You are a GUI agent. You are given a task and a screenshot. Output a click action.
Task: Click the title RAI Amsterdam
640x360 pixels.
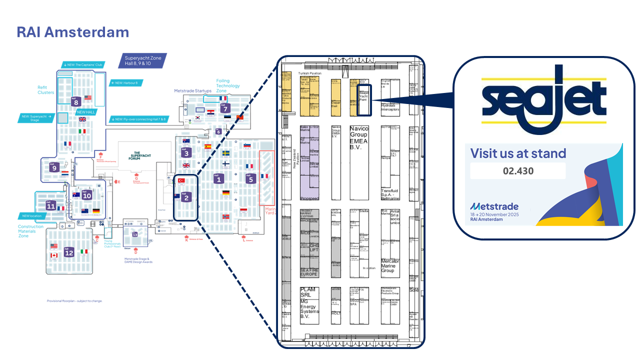[73, 32]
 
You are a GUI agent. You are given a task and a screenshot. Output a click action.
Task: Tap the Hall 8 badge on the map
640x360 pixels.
[76, 101]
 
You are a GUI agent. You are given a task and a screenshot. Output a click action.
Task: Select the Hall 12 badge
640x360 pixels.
[69, 252]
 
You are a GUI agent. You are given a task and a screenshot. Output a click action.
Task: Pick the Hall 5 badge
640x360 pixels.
[250, 178]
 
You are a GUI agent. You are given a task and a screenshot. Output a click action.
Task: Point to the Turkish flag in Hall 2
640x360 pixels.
[182, 180]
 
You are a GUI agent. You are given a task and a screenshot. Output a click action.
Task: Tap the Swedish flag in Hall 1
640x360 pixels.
[225, 153]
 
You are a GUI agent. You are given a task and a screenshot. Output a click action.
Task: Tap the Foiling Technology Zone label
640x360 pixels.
[228, 85]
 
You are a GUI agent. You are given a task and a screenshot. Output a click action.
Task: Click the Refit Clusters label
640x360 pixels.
[45, 89]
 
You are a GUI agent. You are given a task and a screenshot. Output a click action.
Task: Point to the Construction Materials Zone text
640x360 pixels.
[30, 231]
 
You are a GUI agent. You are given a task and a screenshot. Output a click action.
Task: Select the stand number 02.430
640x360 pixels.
[518, 171]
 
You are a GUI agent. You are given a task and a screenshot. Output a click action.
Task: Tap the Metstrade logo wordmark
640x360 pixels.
[494, 206]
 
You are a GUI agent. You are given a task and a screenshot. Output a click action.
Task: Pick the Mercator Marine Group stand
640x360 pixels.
[390, 266]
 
